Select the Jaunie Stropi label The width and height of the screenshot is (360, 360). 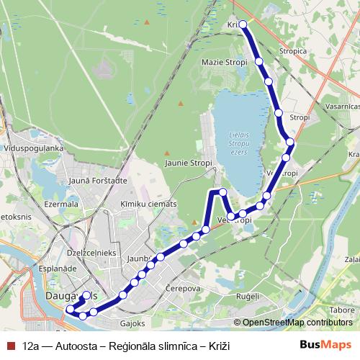(x=189, y=163)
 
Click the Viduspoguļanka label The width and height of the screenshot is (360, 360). (x=33, y=148)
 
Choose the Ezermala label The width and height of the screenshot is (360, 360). (x=60, y=204)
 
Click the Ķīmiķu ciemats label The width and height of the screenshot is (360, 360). (x=148, y=204)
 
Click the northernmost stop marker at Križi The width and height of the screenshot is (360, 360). (x=243, y=24)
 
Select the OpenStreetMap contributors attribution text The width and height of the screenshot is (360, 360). (x=297, y=323)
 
